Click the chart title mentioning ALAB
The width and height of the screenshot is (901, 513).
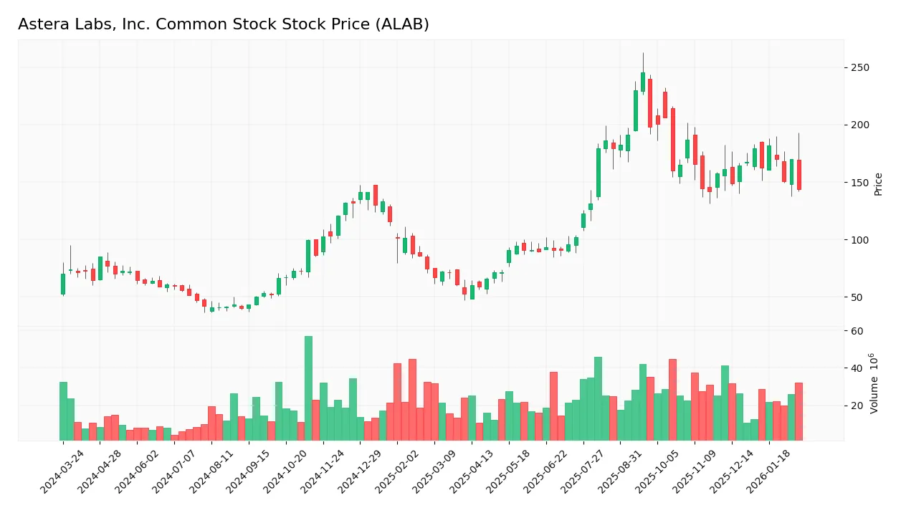[224, 24]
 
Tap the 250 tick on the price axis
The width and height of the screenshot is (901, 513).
[859, 68]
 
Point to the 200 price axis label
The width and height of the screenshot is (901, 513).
[859, 125]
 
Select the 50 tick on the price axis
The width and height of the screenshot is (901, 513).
[857, 297]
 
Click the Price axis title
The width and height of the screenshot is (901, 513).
[878, 184]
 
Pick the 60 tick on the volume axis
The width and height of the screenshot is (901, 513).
[857, 331]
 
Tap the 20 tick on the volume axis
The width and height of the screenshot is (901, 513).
[857, 406]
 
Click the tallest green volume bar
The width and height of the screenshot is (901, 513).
[308, 388]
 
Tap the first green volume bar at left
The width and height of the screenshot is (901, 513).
[63, 411]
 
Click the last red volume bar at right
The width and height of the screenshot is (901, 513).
[798, 411]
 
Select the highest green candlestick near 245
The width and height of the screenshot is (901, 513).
[643, 82]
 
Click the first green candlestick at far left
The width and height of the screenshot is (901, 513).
[63, 284]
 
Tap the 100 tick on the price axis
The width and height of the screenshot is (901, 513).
[859, 240]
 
